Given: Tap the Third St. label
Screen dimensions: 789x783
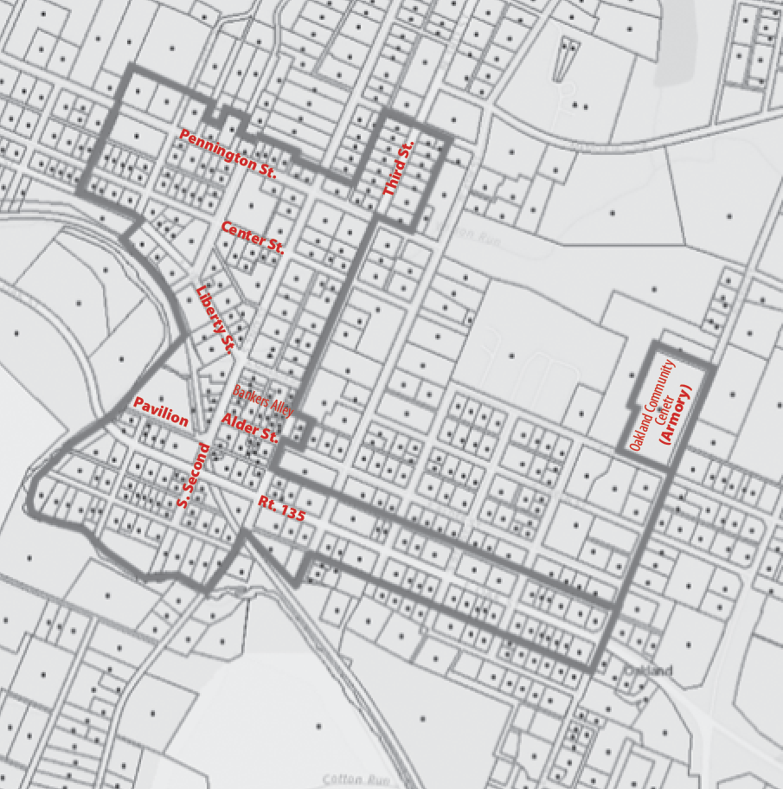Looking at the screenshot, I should click(x=399, y=168).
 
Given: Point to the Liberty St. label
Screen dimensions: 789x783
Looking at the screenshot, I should click(x=216, y=319).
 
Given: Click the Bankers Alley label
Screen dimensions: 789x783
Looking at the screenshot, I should click(x=263, y=401).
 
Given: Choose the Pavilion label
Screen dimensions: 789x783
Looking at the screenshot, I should click(x=161, y=412).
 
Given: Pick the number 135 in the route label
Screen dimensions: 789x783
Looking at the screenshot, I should click(x=292, y=511).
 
